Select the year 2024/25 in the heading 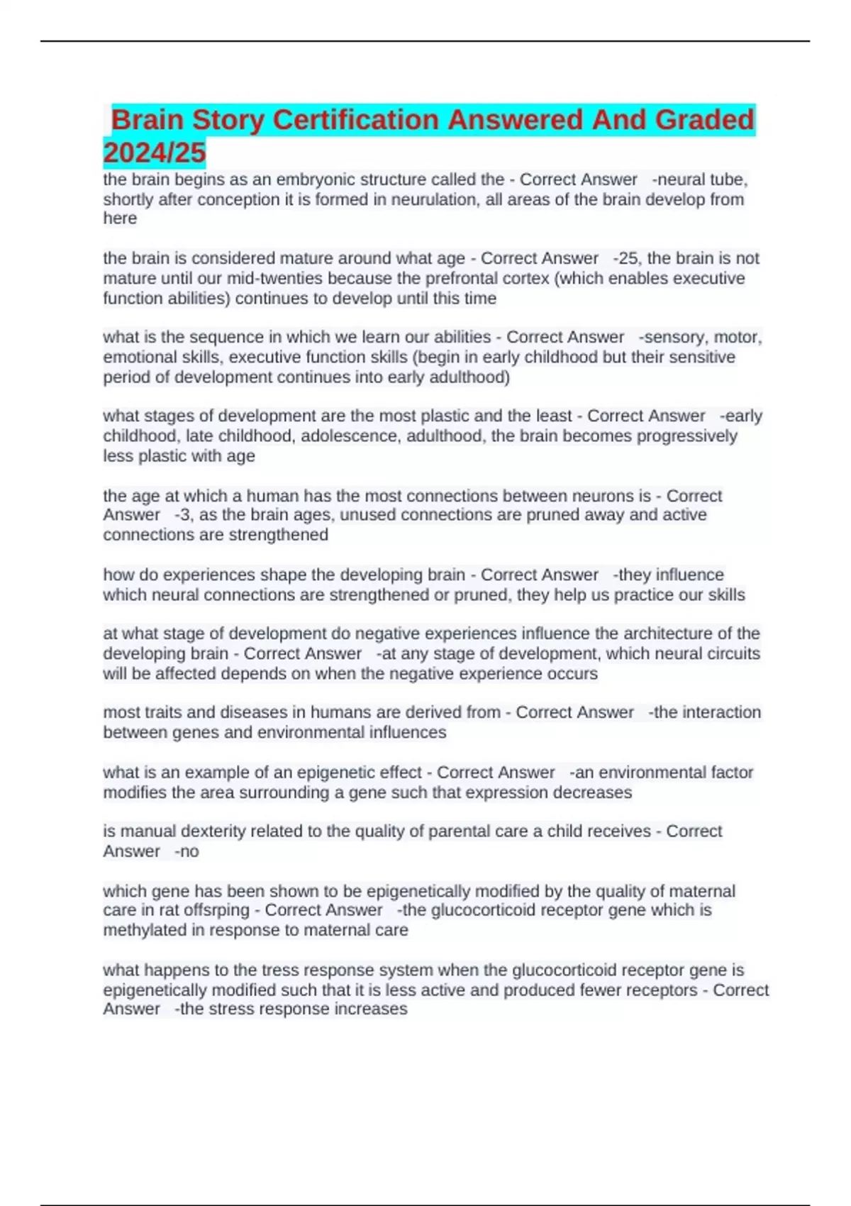(x=155, y=153)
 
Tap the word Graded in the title (x=704, y=120)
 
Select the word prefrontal (x=462, y=278)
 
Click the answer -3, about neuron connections (x=183, y=515)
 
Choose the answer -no (x=187, y=851)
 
